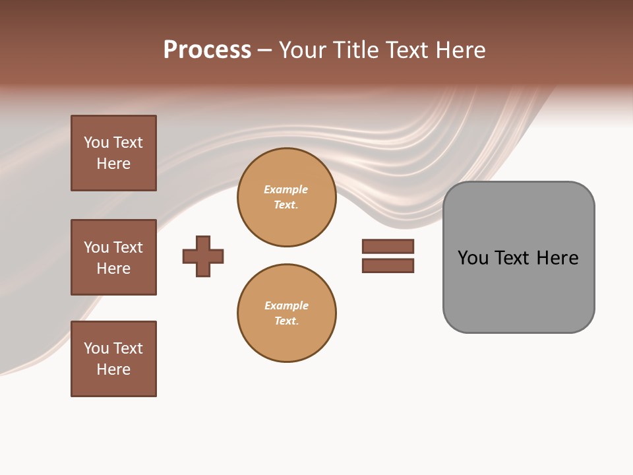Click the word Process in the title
tap(207, 50)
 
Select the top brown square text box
tap(113, 153)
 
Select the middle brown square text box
tap(113, 257)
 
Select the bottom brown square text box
tap(113, 359)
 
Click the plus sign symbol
tap(203, 256)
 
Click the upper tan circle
tap(286, 197)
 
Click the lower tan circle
tap(286, 313)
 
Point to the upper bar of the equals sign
tap(388, 246)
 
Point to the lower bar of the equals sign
tap(388, 266)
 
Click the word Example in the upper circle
tap(286, 189)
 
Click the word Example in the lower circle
tap(286, 305)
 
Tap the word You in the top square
tap(96, 142)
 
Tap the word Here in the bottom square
tap(113, 369)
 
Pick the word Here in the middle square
tap(113, 269)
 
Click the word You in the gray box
tap(473, 258)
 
